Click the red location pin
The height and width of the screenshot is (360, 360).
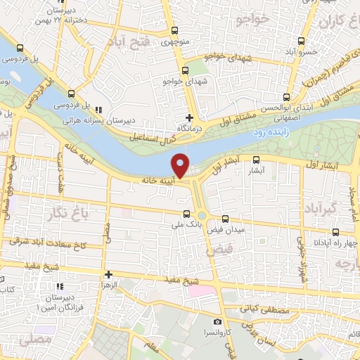click(x=181, y=165)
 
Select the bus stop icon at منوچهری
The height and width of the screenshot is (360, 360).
click(x=174, y=32)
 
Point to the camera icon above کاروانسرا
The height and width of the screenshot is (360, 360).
click(x=218, y=321)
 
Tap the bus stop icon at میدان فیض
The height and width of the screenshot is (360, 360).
click(x=225, y=219)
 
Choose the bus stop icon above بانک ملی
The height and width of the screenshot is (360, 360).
click(x=186, y=214)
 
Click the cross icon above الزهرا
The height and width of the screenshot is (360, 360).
click(x=108, y=275)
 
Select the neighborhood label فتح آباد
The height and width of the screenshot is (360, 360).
click(x=135, y=44)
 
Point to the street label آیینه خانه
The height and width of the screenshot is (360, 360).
click(x=157, y=181)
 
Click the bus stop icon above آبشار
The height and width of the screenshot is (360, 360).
click(x=256, y=160)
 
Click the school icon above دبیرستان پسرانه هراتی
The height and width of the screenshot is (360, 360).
click(x=98, y=110)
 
